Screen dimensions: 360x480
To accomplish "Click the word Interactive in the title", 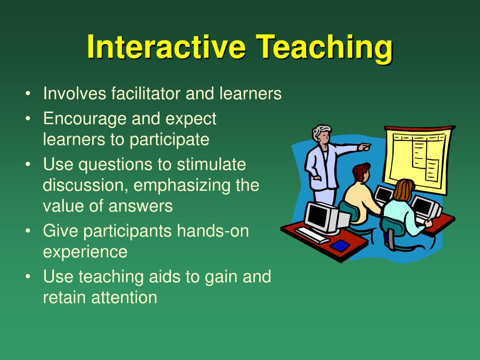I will [x=166, y=47].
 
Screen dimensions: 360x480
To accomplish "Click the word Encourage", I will [x=85, y=119].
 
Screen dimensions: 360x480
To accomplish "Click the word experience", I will [x=85, y=252].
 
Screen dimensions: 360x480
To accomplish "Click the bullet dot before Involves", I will [x=29, y=94].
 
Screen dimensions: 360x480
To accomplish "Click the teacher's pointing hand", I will [x=364, y=147].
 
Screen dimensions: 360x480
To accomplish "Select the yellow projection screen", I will [x=417, y=159].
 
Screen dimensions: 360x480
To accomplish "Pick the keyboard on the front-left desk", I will [x=312, y=234].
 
